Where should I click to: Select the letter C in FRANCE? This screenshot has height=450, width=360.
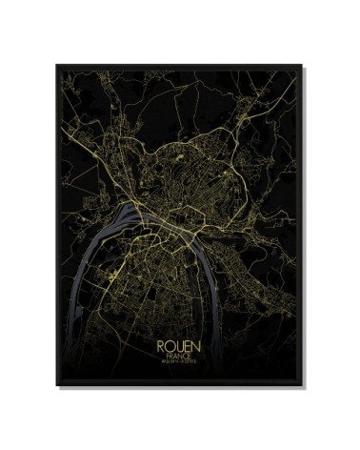coord(189,353)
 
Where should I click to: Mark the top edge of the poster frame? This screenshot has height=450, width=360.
coord(180,65)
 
